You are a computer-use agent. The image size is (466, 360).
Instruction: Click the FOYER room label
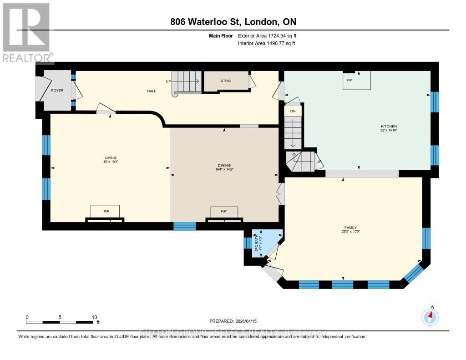pyautogui.click(x=57, y=91)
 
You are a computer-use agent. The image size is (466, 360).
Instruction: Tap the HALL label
pyautogui.click(x=152, y=91)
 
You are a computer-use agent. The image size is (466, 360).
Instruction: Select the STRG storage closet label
pyautogui.click(x=226, y=81)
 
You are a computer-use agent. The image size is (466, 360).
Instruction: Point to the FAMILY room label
pyautogui.click(x=350, y=228)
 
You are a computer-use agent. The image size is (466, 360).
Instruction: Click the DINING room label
pyautogui.click(x=224, y=166)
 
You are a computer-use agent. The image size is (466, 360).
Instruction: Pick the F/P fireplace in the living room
pyautogui.click(x=106, y=212)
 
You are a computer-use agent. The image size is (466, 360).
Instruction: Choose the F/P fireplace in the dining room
pyautogui.click(x=223, y=212)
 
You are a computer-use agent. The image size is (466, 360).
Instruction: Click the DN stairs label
pyautogui.click(x=293, y=111)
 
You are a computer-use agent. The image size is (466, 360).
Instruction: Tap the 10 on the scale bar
pyautogui.click(x=94, y=317)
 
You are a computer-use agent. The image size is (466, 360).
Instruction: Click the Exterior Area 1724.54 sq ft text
pyautogui.click(x=267, y=35)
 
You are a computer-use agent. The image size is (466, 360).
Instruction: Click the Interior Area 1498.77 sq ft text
pyautogui.click(x=267, y=43)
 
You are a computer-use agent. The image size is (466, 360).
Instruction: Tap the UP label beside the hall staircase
pyautogui.click(x=168, y=81)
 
